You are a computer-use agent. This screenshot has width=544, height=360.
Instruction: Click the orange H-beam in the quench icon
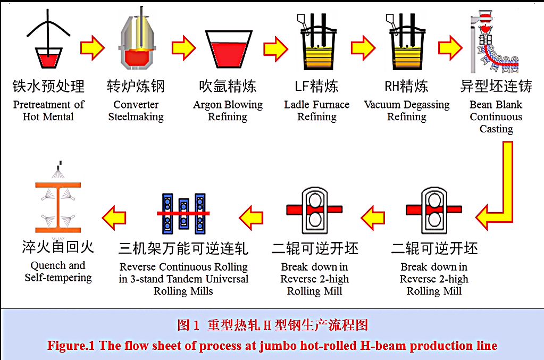[x=58, y=207]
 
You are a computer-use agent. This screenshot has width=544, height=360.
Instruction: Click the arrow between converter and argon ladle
[x=183, y=48]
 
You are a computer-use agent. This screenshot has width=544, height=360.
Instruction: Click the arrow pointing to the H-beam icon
[x=114, y=218]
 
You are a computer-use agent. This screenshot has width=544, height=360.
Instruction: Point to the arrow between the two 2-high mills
[x=373, y=218]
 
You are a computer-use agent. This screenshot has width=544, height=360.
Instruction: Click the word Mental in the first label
[x=57, y=117]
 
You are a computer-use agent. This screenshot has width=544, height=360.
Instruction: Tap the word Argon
[x=207, y=105]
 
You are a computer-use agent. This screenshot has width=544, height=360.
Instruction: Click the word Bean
[x=481, y=105]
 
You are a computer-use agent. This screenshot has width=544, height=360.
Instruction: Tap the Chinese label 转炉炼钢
[x=136, y=86]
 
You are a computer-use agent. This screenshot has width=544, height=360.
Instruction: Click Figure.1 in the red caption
[x=71, y=346]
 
